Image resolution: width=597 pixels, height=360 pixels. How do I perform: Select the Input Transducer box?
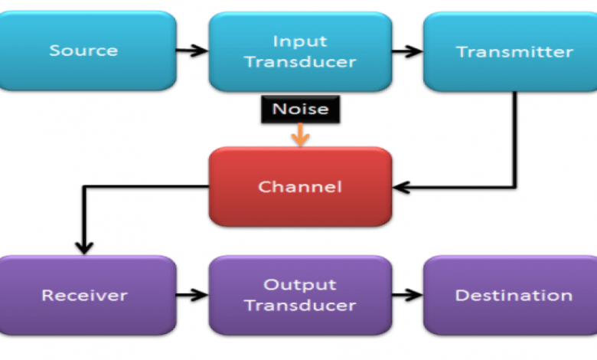(x=300, y=51)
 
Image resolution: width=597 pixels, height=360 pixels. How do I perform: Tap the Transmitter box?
(x=514, y=51)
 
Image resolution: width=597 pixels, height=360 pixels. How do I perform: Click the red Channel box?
(x=300, y=186)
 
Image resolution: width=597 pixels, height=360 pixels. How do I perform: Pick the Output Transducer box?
(x=300, y=294)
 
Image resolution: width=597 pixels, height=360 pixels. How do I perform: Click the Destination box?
(x=514, y=294)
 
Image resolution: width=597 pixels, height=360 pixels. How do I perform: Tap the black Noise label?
(x=300, y=110)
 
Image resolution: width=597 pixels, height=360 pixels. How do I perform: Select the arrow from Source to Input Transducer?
(x=192, y=51)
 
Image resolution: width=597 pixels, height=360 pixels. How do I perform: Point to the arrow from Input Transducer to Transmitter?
(x=408, y=51)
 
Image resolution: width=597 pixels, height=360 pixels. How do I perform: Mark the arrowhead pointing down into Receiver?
(x=83, y=247)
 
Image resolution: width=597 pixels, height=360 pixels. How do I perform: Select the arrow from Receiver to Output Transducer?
(x=192, y=294)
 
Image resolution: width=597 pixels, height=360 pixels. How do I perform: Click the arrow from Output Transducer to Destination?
(x=408, y=294)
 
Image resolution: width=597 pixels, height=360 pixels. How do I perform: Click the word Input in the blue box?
(x=300, y=41)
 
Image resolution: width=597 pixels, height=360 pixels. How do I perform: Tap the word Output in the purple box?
(x=300, y=284)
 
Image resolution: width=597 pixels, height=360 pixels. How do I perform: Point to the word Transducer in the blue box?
(x=300, y=62)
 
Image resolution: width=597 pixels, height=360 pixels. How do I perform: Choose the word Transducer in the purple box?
(x=300, y=305)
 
